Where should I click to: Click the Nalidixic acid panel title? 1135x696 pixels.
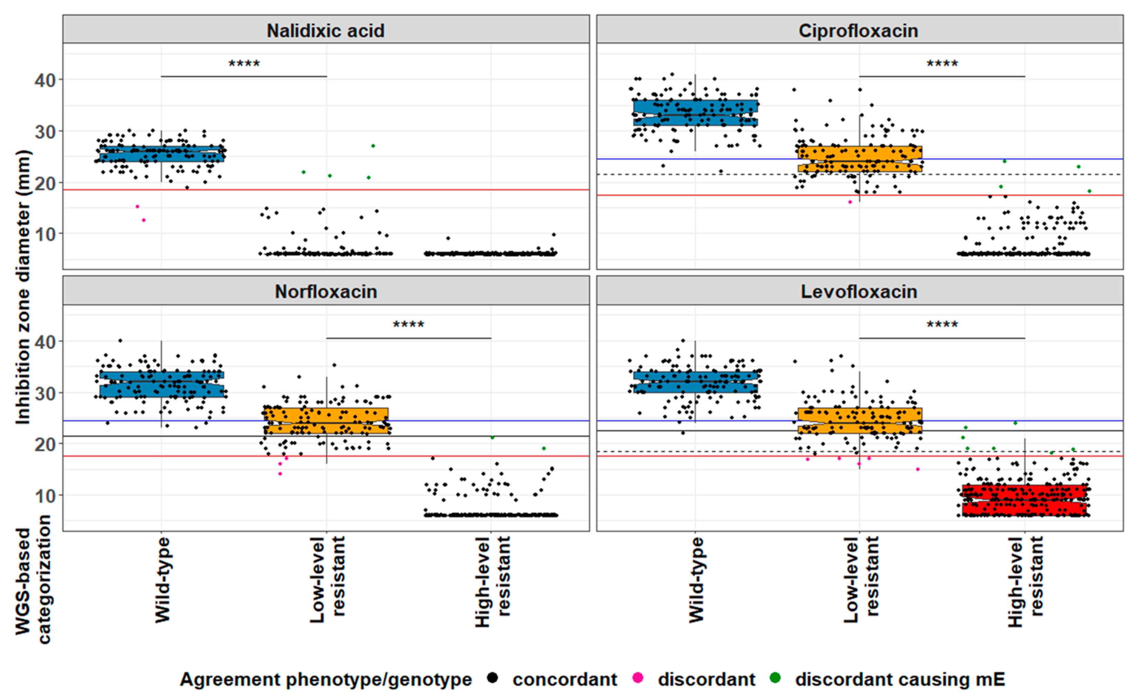click(x=326, y=30)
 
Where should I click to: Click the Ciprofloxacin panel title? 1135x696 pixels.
click(x=858, y=30)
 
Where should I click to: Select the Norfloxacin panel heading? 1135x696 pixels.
click(x=326, y=291)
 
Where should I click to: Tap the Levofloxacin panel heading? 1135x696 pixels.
click(x=859, y=291)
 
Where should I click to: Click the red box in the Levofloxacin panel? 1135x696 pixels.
click(x=1024, y=500)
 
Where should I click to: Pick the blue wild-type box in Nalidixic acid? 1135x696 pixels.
click(x=162, y=154)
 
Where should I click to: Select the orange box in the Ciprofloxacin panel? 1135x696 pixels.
click(x=860, y=159)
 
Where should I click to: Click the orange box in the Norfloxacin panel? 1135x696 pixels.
click(x=326, y=420)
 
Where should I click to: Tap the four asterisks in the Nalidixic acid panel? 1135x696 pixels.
click(x=244, y=64)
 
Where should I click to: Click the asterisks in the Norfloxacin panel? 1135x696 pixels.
click(x=408, y=324)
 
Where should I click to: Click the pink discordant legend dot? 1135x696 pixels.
click(x=638, y=677)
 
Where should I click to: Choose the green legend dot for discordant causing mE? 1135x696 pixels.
click(x=775, y=677)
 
